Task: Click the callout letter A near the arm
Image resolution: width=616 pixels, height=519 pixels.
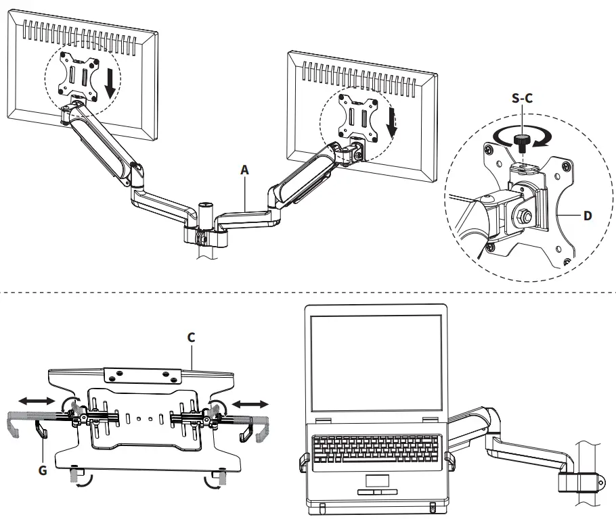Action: click(x=244, y=171)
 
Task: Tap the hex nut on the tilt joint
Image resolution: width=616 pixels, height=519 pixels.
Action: click(x=525, y=216)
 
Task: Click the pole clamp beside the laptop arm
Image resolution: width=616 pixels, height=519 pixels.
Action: click(x=581, y=481)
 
